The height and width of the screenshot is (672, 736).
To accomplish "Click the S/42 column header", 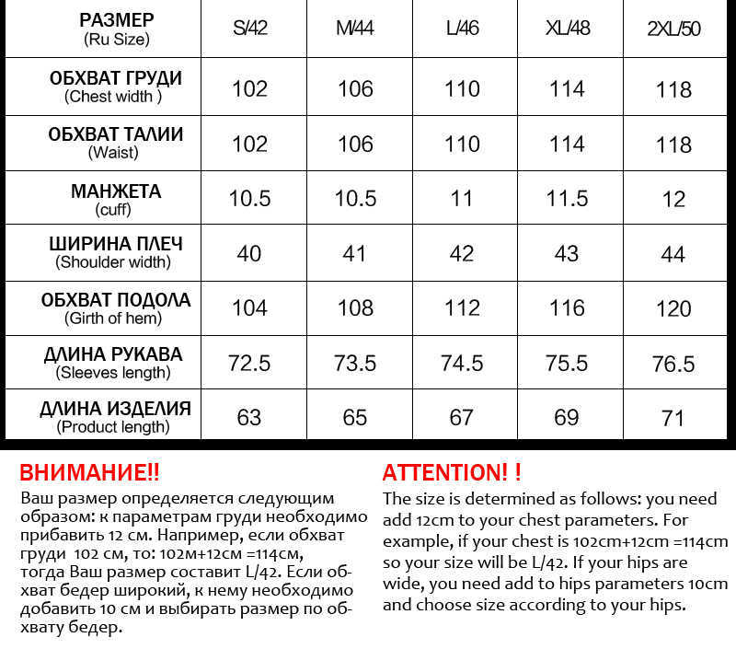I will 249,28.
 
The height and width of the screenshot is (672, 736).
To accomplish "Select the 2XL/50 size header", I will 673,29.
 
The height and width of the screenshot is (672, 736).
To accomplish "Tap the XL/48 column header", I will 567,28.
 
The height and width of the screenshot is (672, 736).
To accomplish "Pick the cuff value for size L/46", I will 461,199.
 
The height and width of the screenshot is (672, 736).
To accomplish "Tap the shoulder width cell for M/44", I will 354,253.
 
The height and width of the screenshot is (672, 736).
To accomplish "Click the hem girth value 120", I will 673,308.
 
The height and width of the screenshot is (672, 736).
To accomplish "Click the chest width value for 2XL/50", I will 673,89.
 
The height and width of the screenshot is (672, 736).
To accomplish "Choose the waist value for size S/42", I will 249,145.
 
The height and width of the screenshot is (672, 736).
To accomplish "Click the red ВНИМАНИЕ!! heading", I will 89,473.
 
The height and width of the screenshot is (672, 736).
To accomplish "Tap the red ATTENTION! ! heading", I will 452,473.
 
